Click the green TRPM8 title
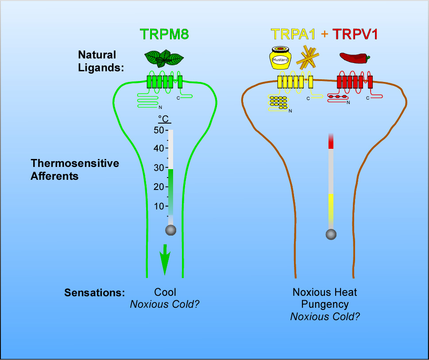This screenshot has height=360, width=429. point(164,34)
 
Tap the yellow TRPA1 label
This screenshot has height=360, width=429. point(293,34)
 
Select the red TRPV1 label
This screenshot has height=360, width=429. point(355,34)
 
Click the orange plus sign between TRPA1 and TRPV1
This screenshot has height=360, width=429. point(324,34)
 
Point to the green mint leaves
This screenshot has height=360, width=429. point(164,58)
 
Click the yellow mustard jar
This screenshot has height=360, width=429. point(280,58)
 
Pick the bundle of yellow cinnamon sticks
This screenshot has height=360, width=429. point(308,58)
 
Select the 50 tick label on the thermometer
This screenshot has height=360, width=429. point(158,130)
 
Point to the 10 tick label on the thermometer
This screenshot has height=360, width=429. point(158,206)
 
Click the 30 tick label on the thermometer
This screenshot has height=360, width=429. point(158,168)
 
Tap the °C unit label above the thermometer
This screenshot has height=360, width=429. point(164,119)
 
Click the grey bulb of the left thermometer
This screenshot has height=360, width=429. point(171,230)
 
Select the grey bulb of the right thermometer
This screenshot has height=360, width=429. point(331,234)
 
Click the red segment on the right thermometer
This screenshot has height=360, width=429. point(331,141)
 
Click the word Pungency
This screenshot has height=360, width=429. point(325,304)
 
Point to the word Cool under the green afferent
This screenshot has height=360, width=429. point(165,292)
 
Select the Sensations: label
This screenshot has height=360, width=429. point(94,292)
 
